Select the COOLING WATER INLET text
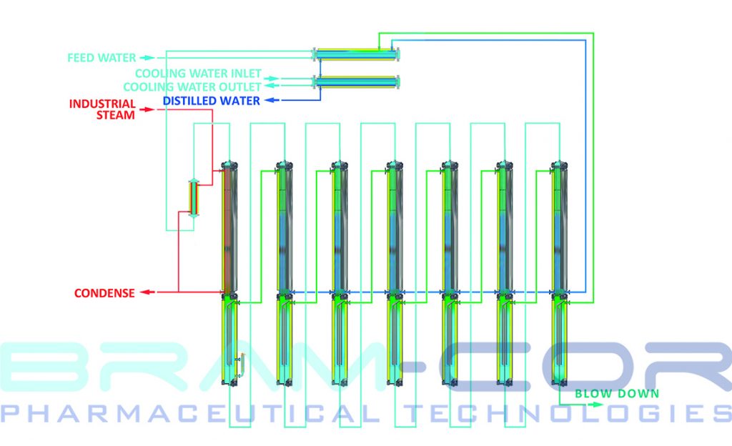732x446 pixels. pyautogui.click(x=198, y=74)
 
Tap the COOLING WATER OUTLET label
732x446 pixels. pyautogui.click(x=192, y=86)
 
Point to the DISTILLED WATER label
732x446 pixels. pyautogui.click(x=211, y=101)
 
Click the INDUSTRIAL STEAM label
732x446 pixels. pyautogui.click(x=102, y=109)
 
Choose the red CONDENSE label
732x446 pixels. pyautogui.click(x=104, y=293)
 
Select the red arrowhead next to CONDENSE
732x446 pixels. pyautogui.click(x=145, y=292)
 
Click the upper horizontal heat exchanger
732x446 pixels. pyautogui.click(x=357, y=54)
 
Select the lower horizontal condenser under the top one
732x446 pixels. pyautogui.click(x=357, y=81)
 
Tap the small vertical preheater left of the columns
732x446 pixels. pyautogui.click(x=194, y=198)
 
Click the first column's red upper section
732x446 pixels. pyautogui.click(x=228, y=229)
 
